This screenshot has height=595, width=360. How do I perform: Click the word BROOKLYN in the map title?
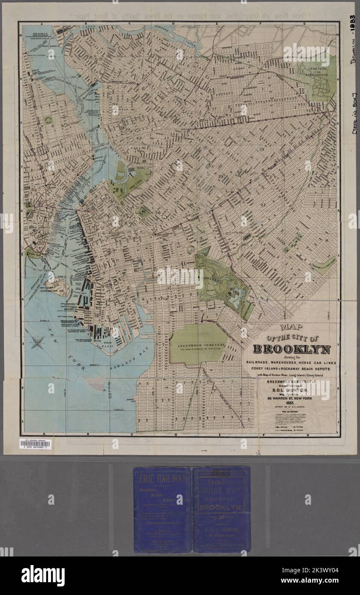[292, 349]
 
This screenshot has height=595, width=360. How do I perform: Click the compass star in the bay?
[38, 342]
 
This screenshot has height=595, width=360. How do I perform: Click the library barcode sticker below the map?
[35, 444]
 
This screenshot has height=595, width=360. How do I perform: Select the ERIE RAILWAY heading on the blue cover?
[162, 478]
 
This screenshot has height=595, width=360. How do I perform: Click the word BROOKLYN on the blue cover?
[221, 508]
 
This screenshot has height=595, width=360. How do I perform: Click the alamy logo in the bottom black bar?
[43, 576]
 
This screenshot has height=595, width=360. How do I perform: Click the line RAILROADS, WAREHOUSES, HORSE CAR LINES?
[292, 363]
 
